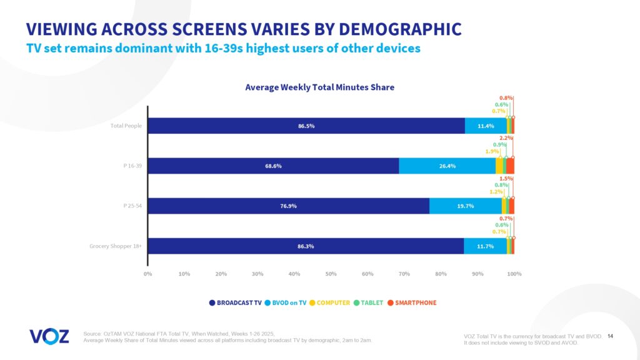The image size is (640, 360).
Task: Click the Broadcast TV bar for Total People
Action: coord(306,126)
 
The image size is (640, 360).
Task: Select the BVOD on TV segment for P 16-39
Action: coord(447,166)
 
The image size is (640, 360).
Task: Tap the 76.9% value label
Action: coord(289,206)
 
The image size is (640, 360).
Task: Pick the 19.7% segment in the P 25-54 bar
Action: coord(466,206)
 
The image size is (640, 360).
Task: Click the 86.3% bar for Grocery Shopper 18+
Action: coord(306,246)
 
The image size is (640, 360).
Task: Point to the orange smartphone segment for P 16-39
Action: coord(510,166)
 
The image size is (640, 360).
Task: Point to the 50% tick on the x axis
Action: coord(331,274)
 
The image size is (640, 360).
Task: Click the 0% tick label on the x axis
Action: coord(148,274)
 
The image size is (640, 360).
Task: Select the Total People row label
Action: coord(126,126)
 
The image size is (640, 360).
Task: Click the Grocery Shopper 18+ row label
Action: coord(116,246)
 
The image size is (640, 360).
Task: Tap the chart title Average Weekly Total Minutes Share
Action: coord(319,87)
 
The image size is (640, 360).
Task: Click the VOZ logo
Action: coord(49,336)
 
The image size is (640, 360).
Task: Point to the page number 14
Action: coord(611,336)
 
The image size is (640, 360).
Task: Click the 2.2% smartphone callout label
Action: coord(506,138)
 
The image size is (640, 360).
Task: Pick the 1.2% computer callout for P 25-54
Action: coord(496,192)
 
